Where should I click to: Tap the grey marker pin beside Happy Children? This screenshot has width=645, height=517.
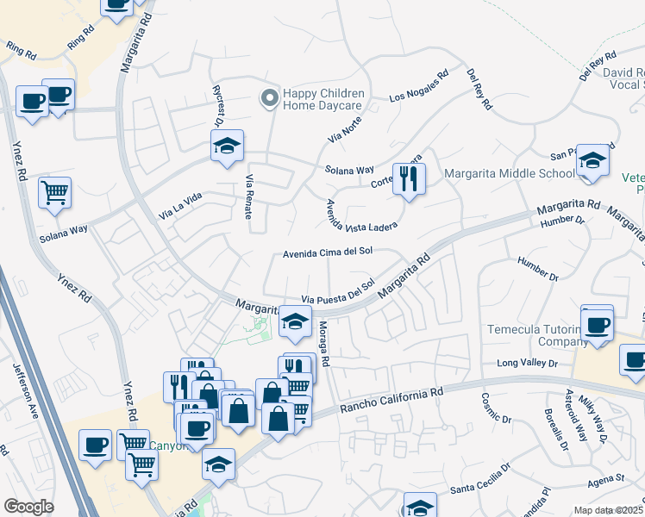point(270,99)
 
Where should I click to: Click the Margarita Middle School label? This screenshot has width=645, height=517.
point(510,173)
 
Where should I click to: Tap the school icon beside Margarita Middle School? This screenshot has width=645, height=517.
point(592,161)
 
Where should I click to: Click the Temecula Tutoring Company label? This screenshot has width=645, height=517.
point(525,335)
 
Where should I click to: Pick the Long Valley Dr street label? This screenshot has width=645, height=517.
point(528,364)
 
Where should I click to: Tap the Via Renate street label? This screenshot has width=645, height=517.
point(250,196)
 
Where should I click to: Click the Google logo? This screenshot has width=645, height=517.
point(28,507)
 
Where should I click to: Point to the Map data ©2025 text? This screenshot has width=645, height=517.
point(609,510)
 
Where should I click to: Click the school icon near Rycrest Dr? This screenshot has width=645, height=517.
point(227,146)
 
